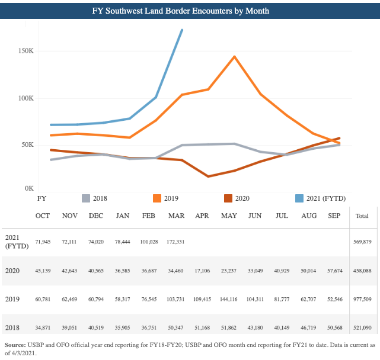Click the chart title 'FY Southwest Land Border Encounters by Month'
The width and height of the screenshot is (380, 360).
pos(190,11)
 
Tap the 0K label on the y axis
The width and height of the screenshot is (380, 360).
pos(29,188)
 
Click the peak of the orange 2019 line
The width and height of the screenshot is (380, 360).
pos(235,57)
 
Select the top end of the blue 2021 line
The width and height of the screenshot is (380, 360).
pos(182,30)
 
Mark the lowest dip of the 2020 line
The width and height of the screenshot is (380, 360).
pos(208,176)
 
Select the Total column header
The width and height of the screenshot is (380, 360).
pos(362,216)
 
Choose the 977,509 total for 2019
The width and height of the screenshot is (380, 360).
pos(362,300)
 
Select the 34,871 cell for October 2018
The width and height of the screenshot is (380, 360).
pos(43,327)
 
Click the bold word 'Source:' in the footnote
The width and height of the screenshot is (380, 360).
pos(18,344)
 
